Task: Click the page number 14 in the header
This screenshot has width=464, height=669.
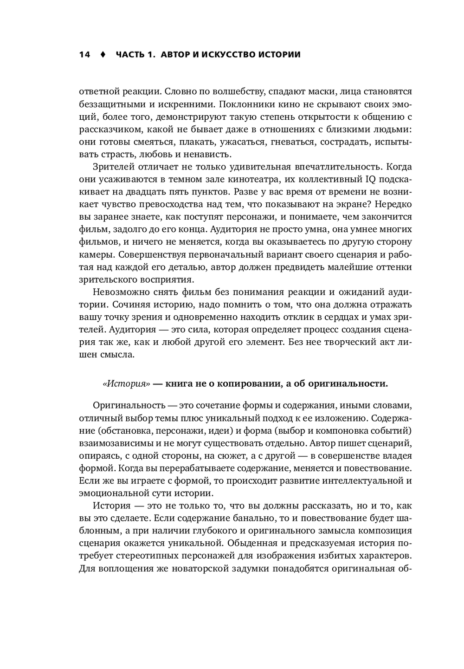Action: pos(84,55)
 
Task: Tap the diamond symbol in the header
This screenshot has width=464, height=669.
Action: pos(103,55)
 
